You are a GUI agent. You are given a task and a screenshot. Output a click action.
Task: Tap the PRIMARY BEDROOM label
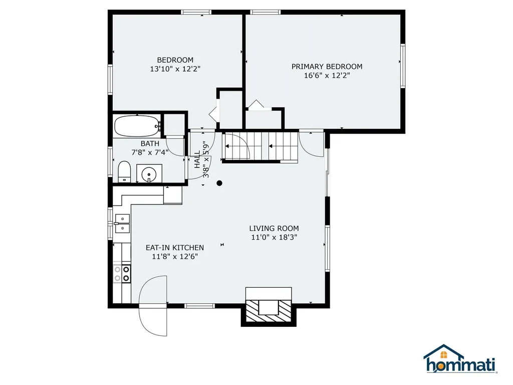click(327, 66)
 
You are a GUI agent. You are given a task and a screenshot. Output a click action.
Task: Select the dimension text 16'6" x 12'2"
click(327, 76)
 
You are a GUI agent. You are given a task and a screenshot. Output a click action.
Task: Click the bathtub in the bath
click(137, 126)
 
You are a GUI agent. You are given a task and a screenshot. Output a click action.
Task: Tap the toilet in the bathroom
click(124, 172)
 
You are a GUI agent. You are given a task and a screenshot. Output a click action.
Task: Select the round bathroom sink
click(149, 174)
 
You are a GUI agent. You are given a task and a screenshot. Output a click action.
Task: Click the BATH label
click(150, 143)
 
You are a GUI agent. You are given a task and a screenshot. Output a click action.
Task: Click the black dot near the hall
click(219, 183)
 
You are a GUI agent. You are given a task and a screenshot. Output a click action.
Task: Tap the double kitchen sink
click(122, 224)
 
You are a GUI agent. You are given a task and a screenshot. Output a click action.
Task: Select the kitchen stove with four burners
click(122, 273)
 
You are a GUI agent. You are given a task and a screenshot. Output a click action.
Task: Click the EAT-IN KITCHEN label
click(174, 247)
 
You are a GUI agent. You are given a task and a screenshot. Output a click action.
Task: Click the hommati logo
click(460, 359)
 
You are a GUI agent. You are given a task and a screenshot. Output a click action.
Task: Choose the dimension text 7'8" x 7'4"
click(150, 152)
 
